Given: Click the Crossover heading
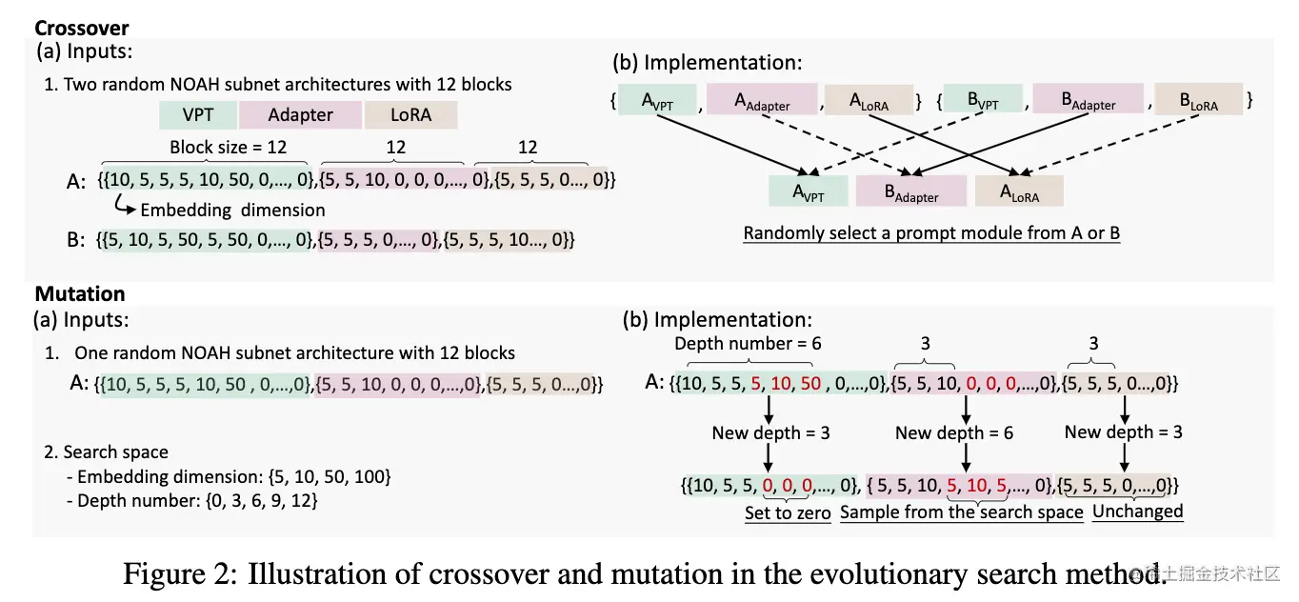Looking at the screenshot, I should [82, 28].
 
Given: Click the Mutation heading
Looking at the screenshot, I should [80, 294].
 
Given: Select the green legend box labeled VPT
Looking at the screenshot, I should [198, 115].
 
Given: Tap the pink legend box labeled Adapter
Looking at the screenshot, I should [300, 115].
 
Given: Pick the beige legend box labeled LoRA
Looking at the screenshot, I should [410, 115].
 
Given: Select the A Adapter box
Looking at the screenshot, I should [761, 100].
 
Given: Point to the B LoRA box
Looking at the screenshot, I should [1198, 100].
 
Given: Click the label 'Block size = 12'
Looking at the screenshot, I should [228, 148].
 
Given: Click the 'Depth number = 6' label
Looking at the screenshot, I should [748, 344].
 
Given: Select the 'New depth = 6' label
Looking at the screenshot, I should [954, 433].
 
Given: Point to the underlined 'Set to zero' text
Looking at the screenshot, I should [788, 512].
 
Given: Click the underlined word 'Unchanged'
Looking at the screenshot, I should [1137, 512].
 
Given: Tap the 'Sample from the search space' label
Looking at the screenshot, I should [962, 512].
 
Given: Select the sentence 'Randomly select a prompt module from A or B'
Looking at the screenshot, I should [931, 233].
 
